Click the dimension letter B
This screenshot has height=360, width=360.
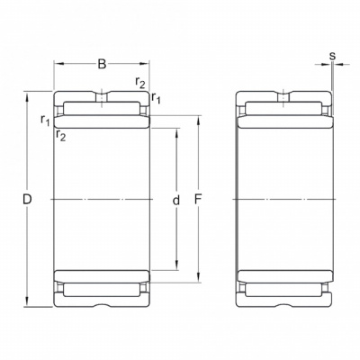pos(103,64)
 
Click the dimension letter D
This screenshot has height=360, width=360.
pos(27,200)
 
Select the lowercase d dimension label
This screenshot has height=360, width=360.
pos(176,200)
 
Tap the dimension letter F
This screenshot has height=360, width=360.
pos(198,200)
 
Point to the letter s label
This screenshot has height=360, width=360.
pos(332,56)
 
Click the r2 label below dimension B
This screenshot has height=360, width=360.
pos(140,82)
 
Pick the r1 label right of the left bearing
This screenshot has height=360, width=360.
pos(156,98)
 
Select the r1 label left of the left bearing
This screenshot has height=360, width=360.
pos(45,120)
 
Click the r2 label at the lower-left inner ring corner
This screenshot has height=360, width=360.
pos(60,135)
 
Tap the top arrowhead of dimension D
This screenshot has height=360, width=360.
pos(27,96)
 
